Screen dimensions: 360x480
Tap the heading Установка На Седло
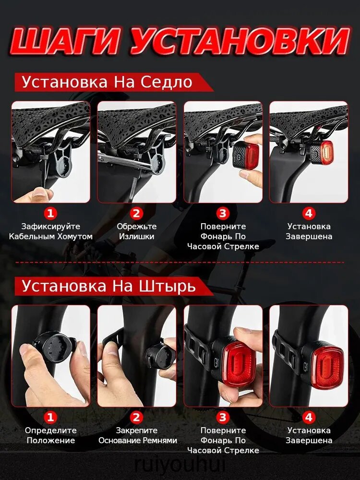[x=107, y=82]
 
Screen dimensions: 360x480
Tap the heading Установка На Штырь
[x=108, y=286]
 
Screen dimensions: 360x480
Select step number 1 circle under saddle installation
[x=50, y=213]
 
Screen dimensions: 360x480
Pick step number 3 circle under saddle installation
[x=223, y=213]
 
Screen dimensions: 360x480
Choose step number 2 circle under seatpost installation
[x=136, y=417]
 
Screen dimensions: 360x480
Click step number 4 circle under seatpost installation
[x=309, y=417]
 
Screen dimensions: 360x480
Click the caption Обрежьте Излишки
[x=136, y=231]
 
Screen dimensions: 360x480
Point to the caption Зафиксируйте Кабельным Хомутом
[x=50, y=231]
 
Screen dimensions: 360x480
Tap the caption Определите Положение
[x=50, y=435]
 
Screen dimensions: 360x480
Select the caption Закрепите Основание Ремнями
[x=137, y=435]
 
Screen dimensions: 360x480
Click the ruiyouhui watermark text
[x=180, y=464]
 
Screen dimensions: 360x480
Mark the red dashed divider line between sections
[x=180, y=263]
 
